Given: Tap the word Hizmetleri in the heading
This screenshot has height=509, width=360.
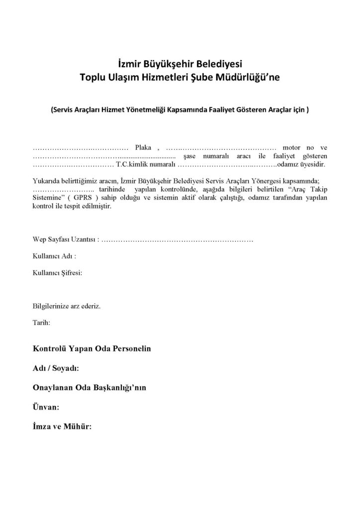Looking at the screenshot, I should click(166, 77).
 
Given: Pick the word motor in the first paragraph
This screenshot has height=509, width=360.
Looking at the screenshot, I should click(292, 148).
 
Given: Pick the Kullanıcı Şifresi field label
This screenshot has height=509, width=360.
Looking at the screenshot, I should click(57, 272).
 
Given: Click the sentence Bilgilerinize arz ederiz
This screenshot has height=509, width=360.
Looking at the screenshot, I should click(67, 306).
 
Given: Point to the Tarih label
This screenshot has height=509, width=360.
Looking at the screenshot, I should click(41, 322).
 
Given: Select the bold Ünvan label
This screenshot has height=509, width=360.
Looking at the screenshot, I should click(46, 407).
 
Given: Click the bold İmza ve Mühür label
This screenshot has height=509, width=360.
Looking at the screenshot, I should click(62, 426).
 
